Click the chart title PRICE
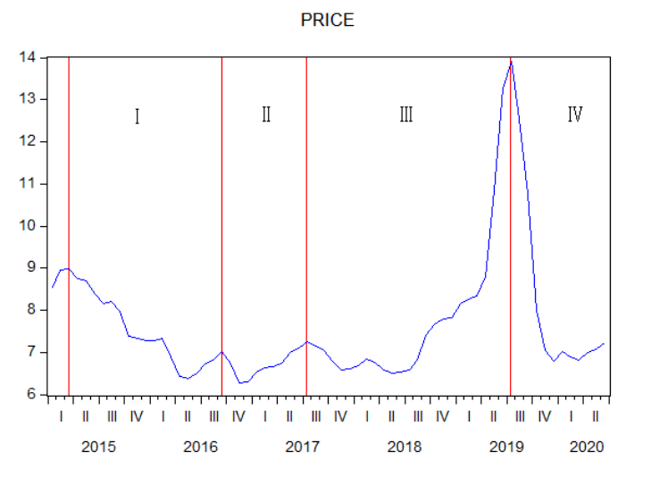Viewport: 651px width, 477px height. click(328, 20)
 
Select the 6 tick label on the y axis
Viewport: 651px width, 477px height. click(31, 395)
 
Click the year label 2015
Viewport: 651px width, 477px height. click(98, 447)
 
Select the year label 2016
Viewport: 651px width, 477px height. click(200, 447)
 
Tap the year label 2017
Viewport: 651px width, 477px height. click(302, 447)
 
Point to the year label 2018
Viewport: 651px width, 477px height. click(405, 447)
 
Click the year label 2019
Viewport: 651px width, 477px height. click(506, 447)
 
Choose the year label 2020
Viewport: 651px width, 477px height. click(587, 447)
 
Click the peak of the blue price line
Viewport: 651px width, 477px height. click(510, 62)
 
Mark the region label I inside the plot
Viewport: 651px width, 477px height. click(137, 116)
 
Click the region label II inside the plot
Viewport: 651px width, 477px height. click(266, 114)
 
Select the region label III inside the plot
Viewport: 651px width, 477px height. click(405, 114)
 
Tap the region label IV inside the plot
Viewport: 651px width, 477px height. click(575, 114)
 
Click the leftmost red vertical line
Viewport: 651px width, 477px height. click(69, 223)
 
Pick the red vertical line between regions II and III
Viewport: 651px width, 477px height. click(306, 223)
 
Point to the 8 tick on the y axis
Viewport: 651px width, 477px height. click(31, 310)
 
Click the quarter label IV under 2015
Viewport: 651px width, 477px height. click(137, 416)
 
